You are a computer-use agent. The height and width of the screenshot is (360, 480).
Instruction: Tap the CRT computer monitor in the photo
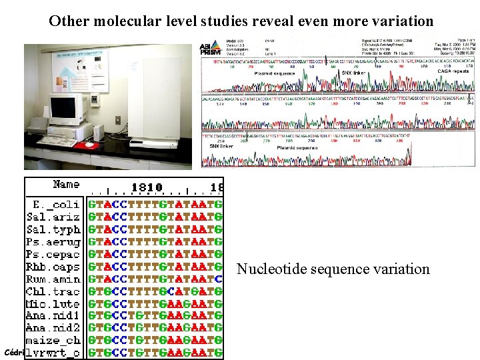[x=65, y=110]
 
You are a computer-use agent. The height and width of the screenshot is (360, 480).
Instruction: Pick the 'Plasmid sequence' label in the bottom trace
[x=297, y=147]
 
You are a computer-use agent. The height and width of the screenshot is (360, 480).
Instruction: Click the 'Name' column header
[x=66, y=185]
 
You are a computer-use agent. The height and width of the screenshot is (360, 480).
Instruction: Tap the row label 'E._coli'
[x=56, y=205]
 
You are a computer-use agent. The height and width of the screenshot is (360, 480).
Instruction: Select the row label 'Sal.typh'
[x=53, y=229]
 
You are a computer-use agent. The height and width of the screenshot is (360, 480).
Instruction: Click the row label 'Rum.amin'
[x=53, y=279]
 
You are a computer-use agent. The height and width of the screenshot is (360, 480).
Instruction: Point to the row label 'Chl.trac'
[x=53, y=291]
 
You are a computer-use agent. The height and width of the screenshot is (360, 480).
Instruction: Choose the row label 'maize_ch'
[x=53, y=341]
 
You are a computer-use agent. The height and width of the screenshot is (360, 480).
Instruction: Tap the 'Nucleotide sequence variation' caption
[x=333, y=269]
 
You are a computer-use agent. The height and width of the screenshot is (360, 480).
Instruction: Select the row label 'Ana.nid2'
[x=53, y=329]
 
